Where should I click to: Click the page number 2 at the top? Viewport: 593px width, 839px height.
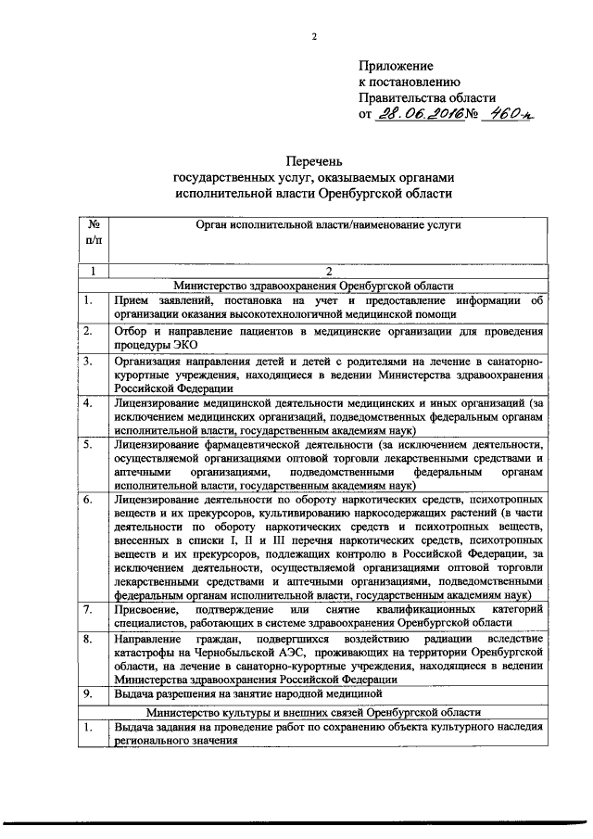[x=313, y=36]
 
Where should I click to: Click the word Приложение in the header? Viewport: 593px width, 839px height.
[x=396, y=66]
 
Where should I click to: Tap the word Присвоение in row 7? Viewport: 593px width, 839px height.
[x=146, y=610]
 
